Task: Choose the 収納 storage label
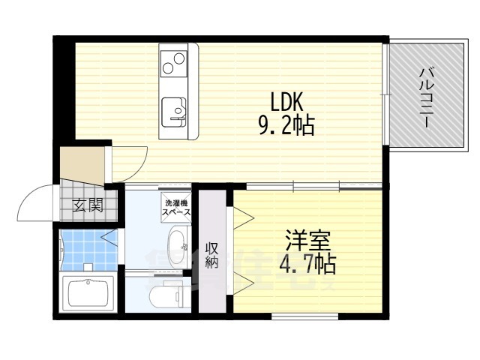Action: point(213,255)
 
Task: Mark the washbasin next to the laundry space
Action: point(178,244)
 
